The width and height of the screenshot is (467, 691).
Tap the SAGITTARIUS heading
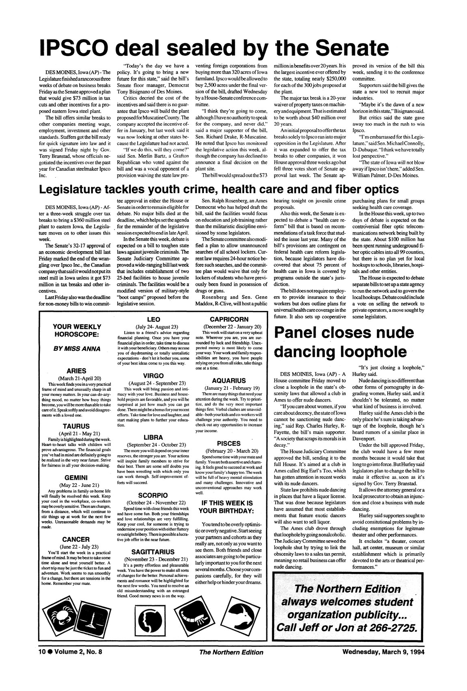[x=152, y=552]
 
